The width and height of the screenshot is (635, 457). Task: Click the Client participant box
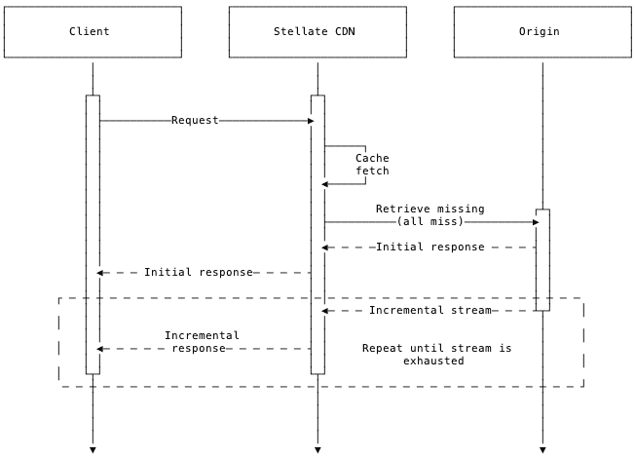[x=93, y=32]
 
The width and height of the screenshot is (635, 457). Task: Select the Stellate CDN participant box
[x=317, y=32]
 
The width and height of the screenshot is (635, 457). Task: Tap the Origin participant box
[x=542, y=32]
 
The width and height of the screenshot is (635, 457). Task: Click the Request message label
[x=195, y=121]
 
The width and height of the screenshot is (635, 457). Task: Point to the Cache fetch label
[x=371, y=165]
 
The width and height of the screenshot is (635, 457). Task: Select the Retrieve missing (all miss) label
[x=430, y=215]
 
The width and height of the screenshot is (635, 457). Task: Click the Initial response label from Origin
[x=430, y=248]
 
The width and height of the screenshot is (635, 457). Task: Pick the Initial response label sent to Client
[x=198, y=273]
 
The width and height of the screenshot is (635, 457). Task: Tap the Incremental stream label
[x=430, y=311]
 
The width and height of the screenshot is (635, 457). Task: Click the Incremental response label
[x=202, y=342]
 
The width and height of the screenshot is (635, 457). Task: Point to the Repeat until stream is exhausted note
[x=435, y=354]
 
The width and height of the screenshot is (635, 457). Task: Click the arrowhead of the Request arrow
[x=311, y=121]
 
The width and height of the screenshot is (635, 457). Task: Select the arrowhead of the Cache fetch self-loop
[x=326, y=184]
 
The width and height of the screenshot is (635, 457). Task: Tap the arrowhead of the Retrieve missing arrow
[x=535, y=222]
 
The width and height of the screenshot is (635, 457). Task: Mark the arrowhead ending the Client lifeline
[x=93, y=449]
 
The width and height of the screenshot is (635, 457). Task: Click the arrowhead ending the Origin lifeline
[x=542, y=449]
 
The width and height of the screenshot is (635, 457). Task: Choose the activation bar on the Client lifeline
[x=93, y=234]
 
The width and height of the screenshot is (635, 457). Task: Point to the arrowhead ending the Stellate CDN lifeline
[x=317, y=449]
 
